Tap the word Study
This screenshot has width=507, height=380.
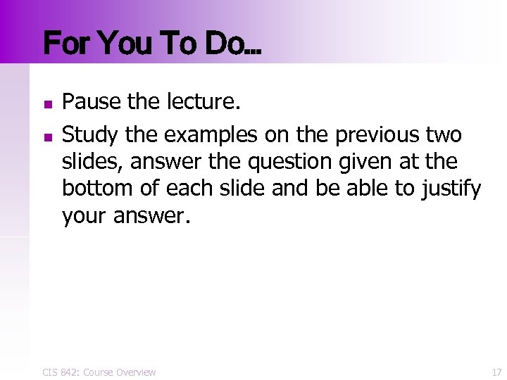(88, 134)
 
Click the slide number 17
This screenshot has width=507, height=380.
(496, 372)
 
